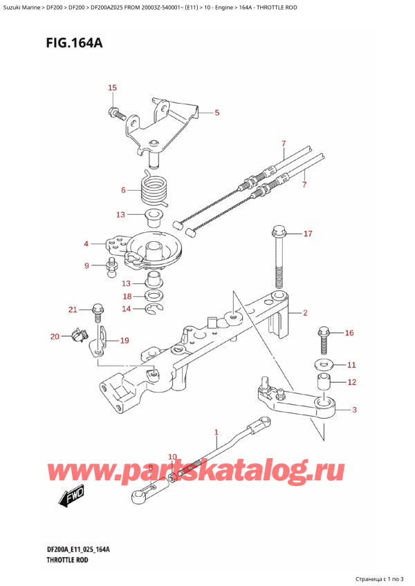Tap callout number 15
point(113,88)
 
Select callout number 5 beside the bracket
point(216,113)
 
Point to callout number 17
point(308,234)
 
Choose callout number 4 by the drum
point(86,243)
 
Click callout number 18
point(126,296)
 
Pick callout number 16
point(349,333)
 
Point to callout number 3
point(354,410)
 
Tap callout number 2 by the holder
point(305,313)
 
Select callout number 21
point(73,309)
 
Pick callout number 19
point(124,340)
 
